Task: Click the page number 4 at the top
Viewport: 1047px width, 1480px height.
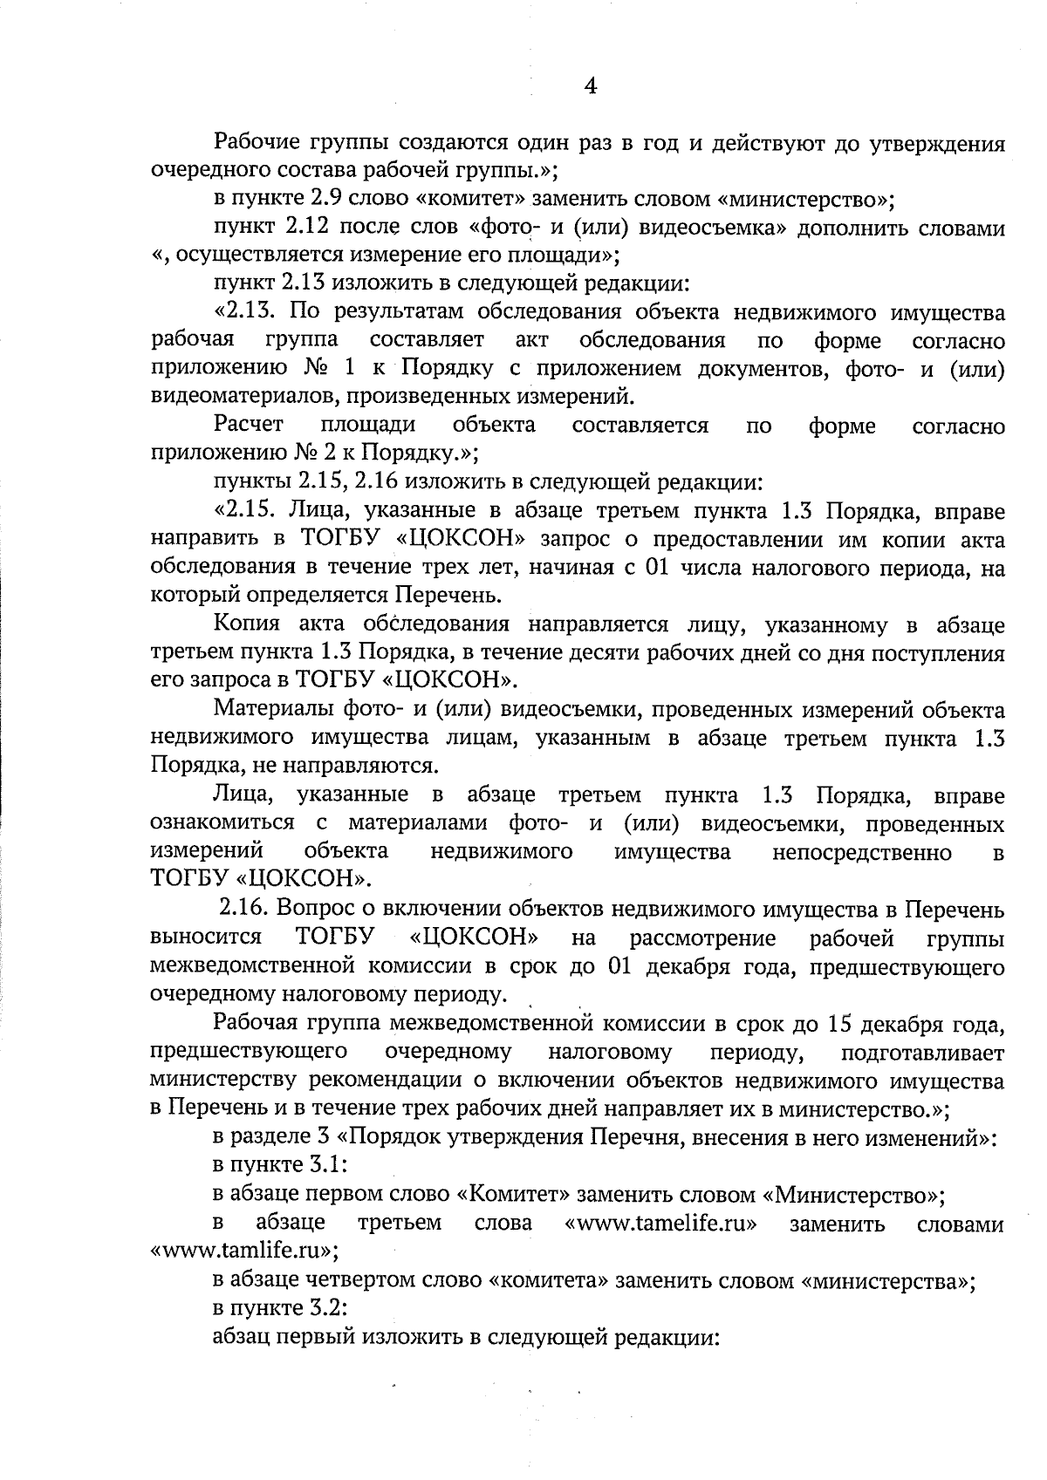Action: click(x=591, y=85)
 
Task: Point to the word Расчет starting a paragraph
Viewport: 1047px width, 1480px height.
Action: click(x=249, y=425)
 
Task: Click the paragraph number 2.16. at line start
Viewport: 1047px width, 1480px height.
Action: click(x=243, y=909)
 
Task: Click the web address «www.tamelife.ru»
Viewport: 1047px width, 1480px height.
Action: click(x=661, y=1223)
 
